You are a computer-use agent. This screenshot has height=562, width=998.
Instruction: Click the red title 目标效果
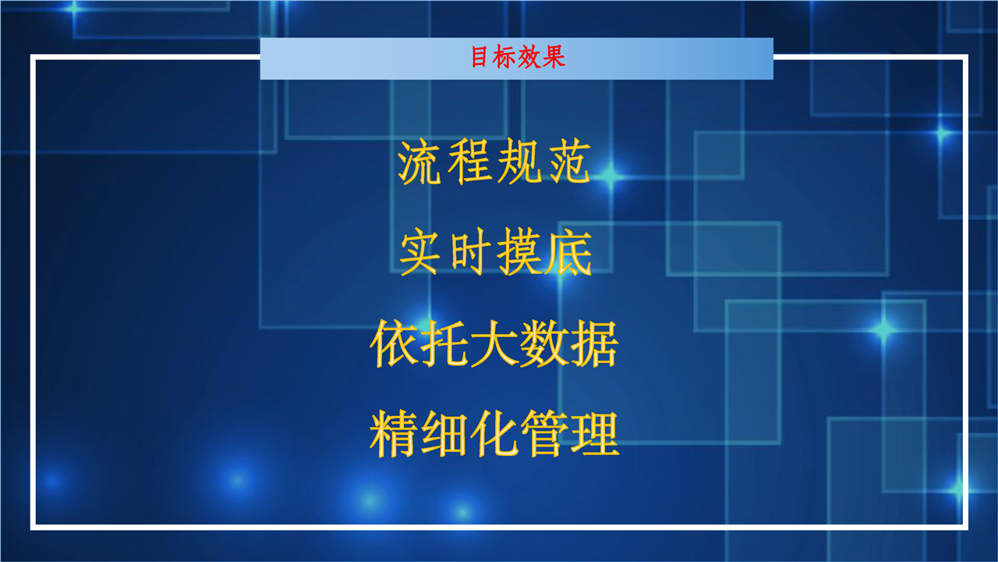(518, 57)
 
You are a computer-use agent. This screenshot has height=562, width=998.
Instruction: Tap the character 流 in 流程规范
(419, 162)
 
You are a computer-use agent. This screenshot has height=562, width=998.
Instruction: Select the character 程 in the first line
(469, 162)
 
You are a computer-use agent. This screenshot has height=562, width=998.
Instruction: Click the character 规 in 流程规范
(519, 162)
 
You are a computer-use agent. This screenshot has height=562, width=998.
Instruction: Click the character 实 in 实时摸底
(419, 251)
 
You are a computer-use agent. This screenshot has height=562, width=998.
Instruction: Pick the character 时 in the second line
(470, 251)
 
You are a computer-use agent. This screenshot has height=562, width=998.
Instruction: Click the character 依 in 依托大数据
(395, 343)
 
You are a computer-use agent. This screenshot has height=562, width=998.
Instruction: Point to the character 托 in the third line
(444, 343)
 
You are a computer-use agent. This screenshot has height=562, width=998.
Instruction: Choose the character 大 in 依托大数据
(494, 343)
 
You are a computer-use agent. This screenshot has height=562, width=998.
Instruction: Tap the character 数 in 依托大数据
(544, 343)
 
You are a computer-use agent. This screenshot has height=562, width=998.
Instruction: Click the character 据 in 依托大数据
(595, 343)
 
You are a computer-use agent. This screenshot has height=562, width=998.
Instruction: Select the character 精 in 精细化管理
(395, 434)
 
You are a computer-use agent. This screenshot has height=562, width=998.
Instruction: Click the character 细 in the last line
(444, 434)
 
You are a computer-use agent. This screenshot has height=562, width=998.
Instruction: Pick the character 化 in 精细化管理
(494, 434)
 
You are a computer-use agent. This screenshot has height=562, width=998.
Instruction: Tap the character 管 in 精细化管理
(544, 434)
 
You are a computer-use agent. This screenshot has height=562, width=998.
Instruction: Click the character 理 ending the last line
(595, 434)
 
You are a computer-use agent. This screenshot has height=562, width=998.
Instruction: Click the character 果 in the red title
(554, 57)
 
